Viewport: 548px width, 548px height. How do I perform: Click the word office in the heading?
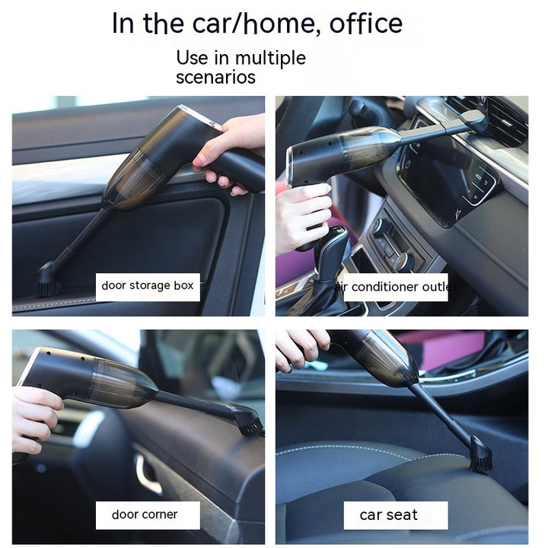point(366,24)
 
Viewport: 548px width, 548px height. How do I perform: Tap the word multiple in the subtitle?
point(270,59)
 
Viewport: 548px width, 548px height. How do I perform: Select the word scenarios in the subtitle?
point(215,77)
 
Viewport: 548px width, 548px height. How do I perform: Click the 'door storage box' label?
point(148,286)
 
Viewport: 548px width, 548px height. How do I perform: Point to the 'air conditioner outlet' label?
point(396,287)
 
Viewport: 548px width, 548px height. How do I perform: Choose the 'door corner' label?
point(148,515)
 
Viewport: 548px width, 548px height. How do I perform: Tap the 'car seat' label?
point(396,515)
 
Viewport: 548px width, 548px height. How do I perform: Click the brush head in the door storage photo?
point(47,281)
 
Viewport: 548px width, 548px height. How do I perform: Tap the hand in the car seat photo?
point(301,348)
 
